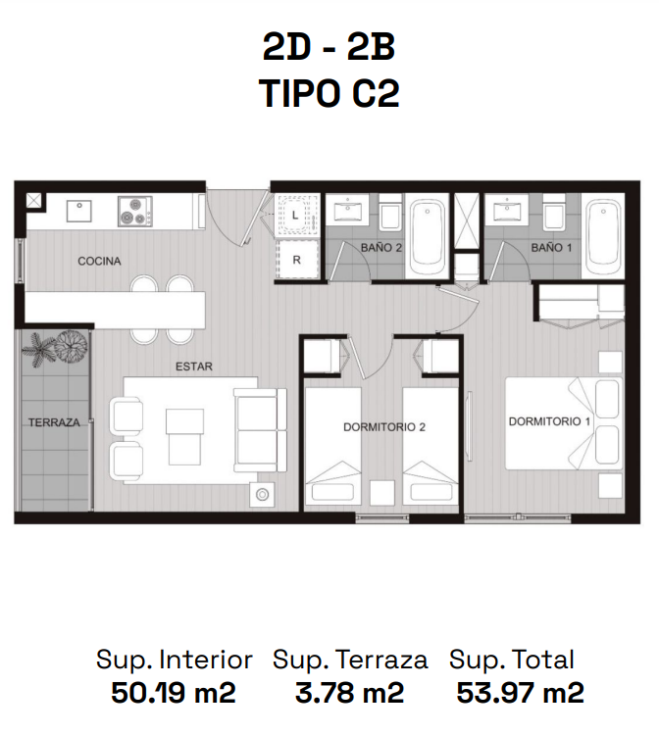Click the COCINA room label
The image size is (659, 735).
point(99,261)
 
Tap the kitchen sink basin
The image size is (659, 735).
point(79,211)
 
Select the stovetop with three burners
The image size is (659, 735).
point(135,212)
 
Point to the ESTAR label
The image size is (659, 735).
point(194,367)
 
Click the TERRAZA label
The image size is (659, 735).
point(54,422)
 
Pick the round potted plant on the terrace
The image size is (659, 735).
point(72,346)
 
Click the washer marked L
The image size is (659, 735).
point(296,216)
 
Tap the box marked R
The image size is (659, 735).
point(297,260)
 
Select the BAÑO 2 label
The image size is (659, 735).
point(381,248)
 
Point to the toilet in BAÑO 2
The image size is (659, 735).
point(390,213)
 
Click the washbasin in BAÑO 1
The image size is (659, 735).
point(506,210)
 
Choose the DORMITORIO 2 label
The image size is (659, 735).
point(384,427)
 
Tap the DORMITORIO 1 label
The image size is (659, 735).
point(549,421)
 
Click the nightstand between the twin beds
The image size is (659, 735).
point(381,492)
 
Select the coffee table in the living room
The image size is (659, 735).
point(184,437)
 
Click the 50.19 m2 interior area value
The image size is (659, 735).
point(173,692)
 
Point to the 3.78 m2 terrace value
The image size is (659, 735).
point(349,692)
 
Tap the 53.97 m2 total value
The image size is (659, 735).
point(520,692)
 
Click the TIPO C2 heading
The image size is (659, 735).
point(329,93)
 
